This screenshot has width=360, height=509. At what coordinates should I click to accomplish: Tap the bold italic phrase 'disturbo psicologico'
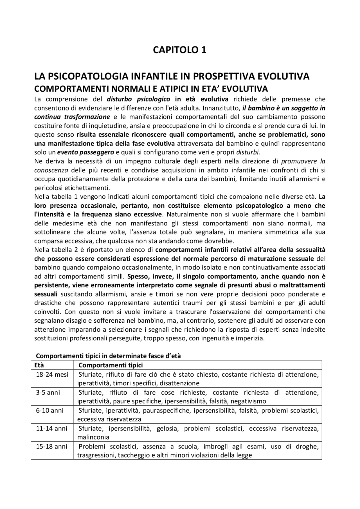(138, 99)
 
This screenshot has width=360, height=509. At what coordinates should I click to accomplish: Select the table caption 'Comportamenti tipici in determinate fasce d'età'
(108, 356)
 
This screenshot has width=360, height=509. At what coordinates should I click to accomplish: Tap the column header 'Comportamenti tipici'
(111, 365)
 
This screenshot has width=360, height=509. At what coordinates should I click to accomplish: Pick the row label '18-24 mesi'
(52, 374)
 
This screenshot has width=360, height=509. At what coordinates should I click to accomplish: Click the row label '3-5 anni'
(48, 392)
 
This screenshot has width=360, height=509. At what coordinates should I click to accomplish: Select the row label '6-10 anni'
(50, 410)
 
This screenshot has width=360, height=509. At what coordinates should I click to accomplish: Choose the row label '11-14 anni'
(52, 428)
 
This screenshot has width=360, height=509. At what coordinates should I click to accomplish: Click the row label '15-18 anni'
(52, 446)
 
